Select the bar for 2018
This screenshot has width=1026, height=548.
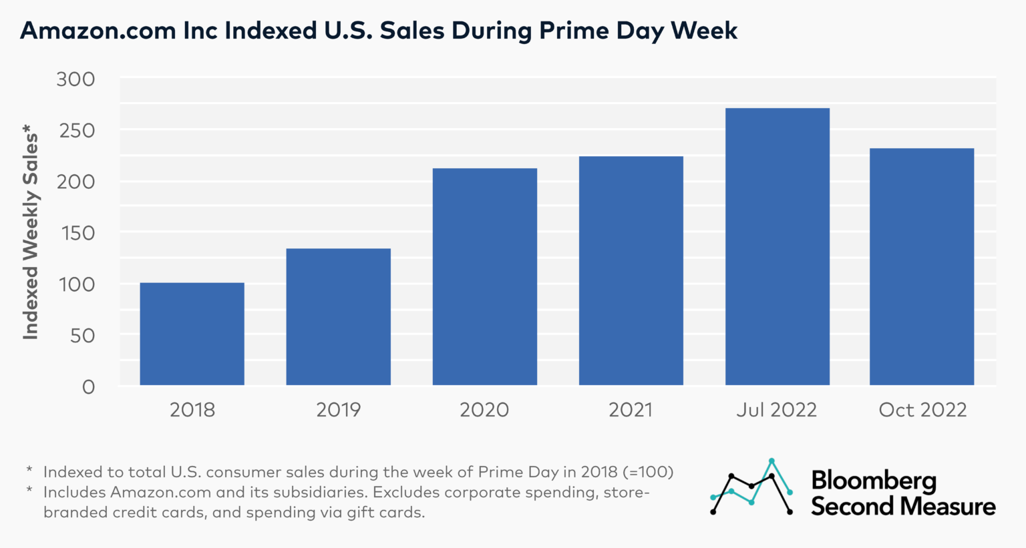pyautogui.click(x=192, y=334)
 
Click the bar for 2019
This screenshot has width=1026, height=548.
pyautogui.click(x=338, y=317)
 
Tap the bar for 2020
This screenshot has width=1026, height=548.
pyautogui.click(x=484, y=277)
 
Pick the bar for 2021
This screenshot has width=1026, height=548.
pyautogui.click(x=631, y=270)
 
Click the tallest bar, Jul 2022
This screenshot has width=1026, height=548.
pyautogui.click(x=777, y=247)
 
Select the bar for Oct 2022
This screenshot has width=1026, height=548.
pyautogui.click(x=921, y=267)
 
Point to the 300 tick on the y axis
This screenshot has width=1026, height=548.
pyautogui.click(x=75, y=79)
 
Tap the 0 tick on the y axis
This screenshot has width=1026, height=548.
pyautogui.click(x=88, y=387)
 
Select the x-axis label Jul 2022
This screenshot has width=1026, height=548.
pyautogui.click(x=776, y=410)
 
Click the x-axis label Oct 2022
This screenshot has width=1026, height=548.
pyautogui.click(x=922, y=410)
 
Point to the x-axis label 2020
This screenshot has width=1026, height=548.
pyautogui.click(x=484, y=410)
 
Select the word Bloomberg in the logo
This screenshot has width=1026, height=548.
pyautogui.click(x=874, y=481)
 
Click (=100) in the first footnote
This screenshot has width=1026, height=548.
pyautogui.click(x=647, y=472)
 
